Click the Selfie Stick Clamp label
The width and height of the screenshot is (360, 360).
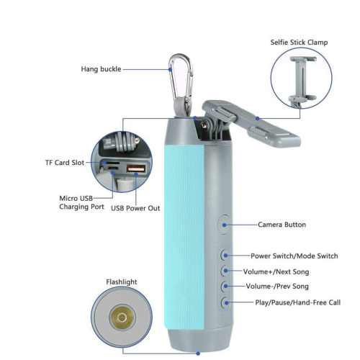(299, 42)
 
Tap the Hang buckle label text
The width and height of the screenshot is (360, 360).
(100, 69)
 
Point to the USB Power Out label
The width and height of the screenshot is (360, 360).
(135, 208)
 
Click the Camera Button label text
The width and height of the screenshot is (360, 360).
(282, 225)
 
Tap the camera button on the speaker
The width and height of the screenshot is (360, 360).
(224, 225)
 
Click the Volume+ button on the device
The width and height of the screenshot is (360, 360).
(225, 271)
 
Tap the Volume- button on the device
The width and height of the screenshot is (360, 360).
(225, 287)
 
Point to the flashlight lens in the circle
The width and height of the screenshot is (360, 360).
(121, 318)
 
